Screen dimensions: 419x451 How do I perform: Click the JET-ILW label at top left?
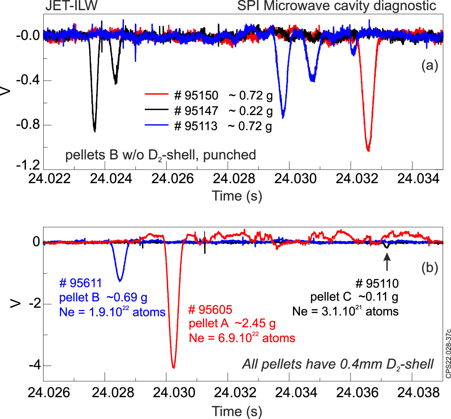click(71, 6)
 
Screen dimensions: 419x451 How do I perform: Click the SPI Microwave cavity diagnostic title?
click(336, 6)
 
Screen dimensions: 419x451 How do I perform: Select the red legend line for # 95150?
click(156, 94)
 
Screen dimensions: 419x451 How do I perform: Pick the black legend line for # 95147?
click(156, 110)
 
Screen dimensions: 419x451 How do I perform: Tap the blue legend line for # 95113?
click(156, 125)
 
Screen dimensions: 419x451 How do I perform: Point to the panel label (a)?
click(429, 65)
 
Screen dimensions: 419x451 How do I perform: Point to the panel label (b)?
click(429, 268)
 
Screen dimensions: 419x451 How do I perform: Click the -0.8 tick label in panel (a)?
click(28, 125)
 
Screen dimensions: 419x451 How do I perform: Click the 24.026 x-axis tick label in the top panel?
click(172, 178)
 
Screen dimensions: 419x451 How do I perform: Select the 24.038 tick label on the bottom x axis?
click(418, 392)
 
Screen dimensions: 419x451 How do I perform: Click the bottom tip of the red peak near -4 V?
click(173, 368)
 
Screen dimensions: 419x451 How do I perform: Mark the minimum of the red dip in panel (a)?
click(368, 151)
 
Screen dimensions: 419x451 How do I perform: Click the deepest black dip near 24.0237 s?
click(94, 131)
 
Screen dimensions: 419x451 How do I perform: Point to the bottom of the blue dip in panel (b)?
click(120, 281)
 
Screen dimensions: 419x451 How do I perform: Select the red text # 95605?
click(210, 310)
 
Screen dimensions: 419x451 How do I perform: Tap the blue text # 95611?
click(81, 283)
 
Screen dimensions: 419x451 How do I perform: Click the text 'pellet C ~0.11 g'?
click(354, 297)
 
